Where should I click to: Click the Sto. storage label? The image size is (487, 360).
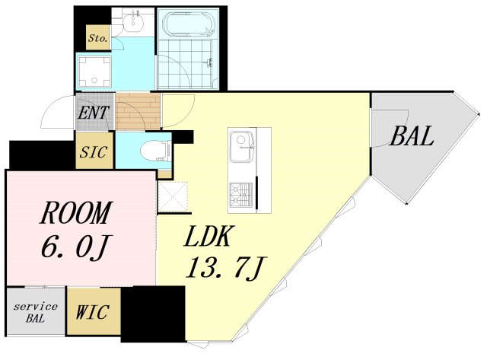click(98, 38)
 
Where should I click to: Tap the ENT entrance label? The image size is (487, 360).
click(94, 113)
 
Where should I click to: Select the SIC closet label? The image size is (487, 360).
click(94, 152)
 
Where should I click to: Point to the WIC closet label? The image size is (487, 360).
click(93, 312)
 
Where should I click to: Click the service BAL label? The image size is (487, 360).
click(36, 313)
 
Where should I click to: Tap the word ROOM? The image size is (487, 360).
click(75, 213)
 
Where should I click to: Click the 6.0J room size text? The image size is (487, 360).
click(76, 247)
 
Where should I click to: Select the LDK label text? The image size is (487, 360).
click(208, 237)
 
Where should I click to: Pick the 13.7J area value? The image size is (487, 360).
click(224, 269)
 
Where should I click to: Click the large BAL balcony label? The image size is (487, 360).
click(412, 136)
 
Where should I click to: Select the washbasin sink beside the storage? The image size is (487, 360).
click(135, 22)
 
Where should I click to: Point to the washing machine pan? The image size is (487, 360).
click(94, 72)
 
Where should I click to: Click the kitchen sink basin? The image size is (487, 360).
click(242, 147)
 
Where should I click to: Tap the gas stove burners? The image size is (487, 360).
click(241, 195)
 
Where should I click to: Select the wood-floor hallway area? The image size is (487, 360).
click(138, 111)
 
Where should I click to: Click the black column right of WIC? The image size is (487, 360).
click(153, 314)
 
